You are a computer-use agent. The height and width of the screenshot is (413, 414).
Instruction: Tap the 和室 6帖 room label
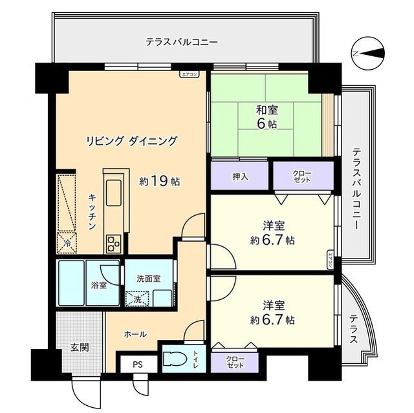(x=267, y=117)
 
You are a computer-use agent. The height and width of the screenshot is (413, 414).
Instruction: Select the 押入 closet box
(x=239, y=176)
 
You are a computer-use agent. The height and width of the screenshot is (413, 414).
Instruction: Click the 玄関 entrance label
(x=79, y=346)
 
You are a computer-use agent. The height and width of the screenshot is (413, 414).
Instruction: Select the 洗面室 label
(x=149, y=279)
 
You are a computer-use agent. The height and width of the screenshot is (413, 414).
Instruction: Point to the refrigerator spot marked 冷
(x=68, y=243)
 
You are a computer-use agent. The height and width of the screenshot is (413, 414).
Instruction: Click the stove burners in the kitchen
(x=113, y=244)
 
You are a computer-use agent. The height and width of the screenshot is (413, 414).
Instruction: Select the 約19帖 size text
(x=159, y=182)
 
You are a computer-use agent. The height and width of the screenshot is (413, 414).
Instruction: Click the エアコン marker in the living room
(x=189, y=74)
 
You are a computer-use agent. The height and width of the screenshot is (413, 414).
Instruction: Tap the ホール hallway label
(x=135, y=334)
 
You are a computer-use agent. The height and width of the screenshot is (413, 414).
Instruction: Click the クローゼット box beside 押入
(x=302, y=175)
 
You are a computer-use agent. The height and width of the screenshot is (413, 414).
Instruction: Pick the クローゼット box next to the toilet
(x=235, y=362)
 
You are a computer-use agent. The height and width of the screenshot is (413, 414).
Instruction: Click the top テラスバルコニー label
(x=181, y=42)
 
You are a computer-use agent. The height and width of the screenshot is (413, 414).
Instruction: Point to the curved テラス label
(x=354, y=329)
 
